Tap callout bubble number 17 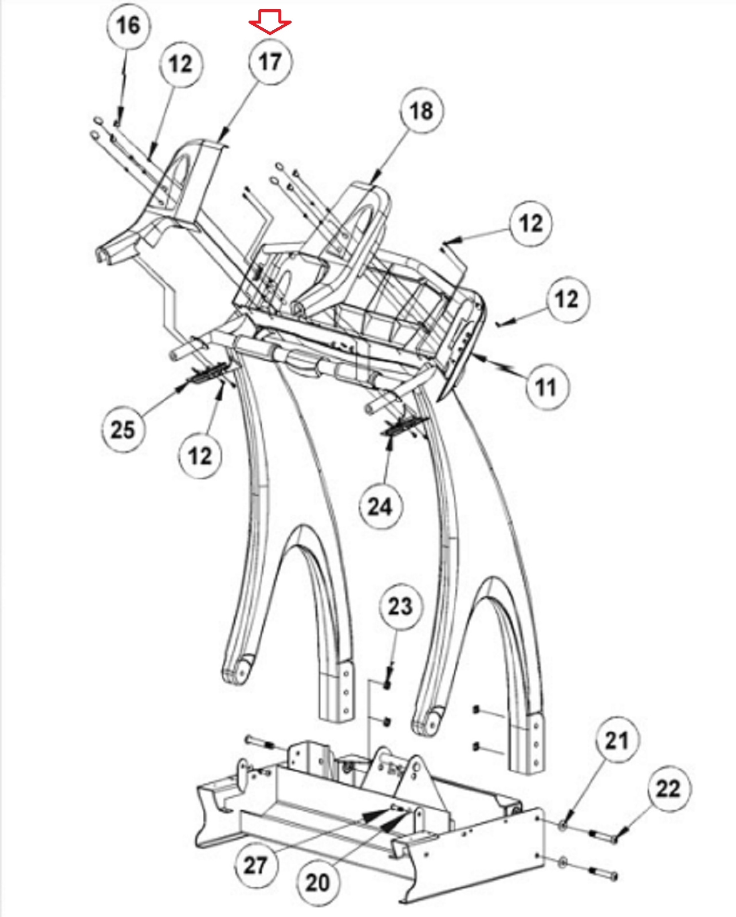tap(270, 61)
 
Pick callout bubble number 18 tap(422, 111)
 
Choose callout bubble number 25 tap(123, 429)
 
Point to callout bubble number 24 tap(380, 506)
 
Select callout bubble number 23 tap(400, 606)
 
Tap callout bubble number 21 tap(617, 740)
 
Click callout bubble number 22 tap(668, 789)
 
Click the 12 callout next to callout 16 tap(180, 64)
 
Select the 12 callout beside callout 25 tap(199, 456)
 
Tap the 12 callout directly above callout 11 tap(566, 299)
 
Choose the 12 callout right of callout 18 tap(531, 224)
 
